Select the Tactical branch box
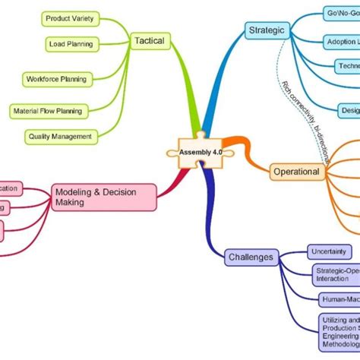pyautogui.click(x=148, y=40)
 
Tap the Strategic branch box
pyautogui.click(x=267, y=30)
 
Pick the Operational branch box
pyautogui.click(x=295, y=172)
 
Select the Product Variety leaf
pyautogui.click(x=69, y=17)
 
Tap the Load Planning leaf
pyautogui.click(x=70, y=43)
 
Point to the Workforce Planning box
pyautogui.click(x=56, y=78)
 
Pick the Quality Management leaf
pyautogui.click(x=60, y=137)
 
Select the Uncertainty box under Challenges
pyautogui.click(x=328, y=251)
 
